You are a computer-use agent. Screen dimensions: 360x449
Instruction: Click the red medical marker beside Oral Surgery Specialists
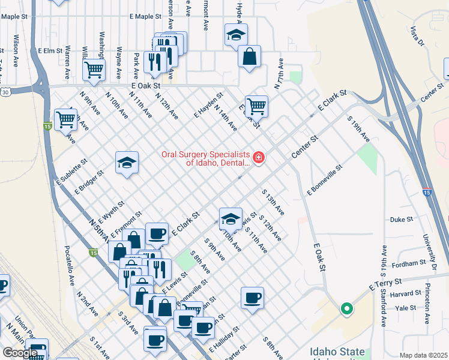point(259,158)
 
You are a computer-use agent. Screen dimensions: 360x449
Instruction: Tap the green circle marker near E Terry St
point(346,310)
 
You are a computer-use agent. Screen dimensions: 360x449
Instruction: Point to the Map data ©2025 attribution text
point(424,355)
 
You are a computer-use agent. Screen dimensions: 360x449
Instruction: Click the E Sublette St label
point(72,170)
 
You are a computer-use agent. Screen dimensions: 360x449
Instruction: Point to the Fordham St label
point(405,264)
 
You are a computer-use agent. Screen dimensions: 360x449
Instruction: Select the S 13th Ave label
point(273,203)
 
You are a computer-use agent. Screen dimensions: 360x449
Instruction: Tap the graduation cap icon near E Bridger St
point(127,163)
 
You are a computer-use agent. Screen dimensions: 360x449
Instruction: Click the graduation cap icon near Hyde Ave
point(237,35)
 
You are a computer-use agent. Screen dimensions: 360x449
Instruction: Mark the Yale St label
point(406,308)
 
